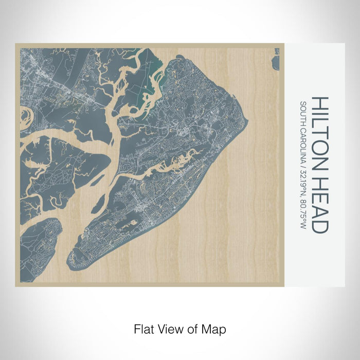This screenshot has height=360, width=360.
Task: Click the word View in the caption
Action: pyautogui.click(x=170, y=328)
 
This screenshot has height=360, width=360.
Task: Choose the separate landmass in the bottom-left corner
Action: pyautogui.click(x=39, y=247)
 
